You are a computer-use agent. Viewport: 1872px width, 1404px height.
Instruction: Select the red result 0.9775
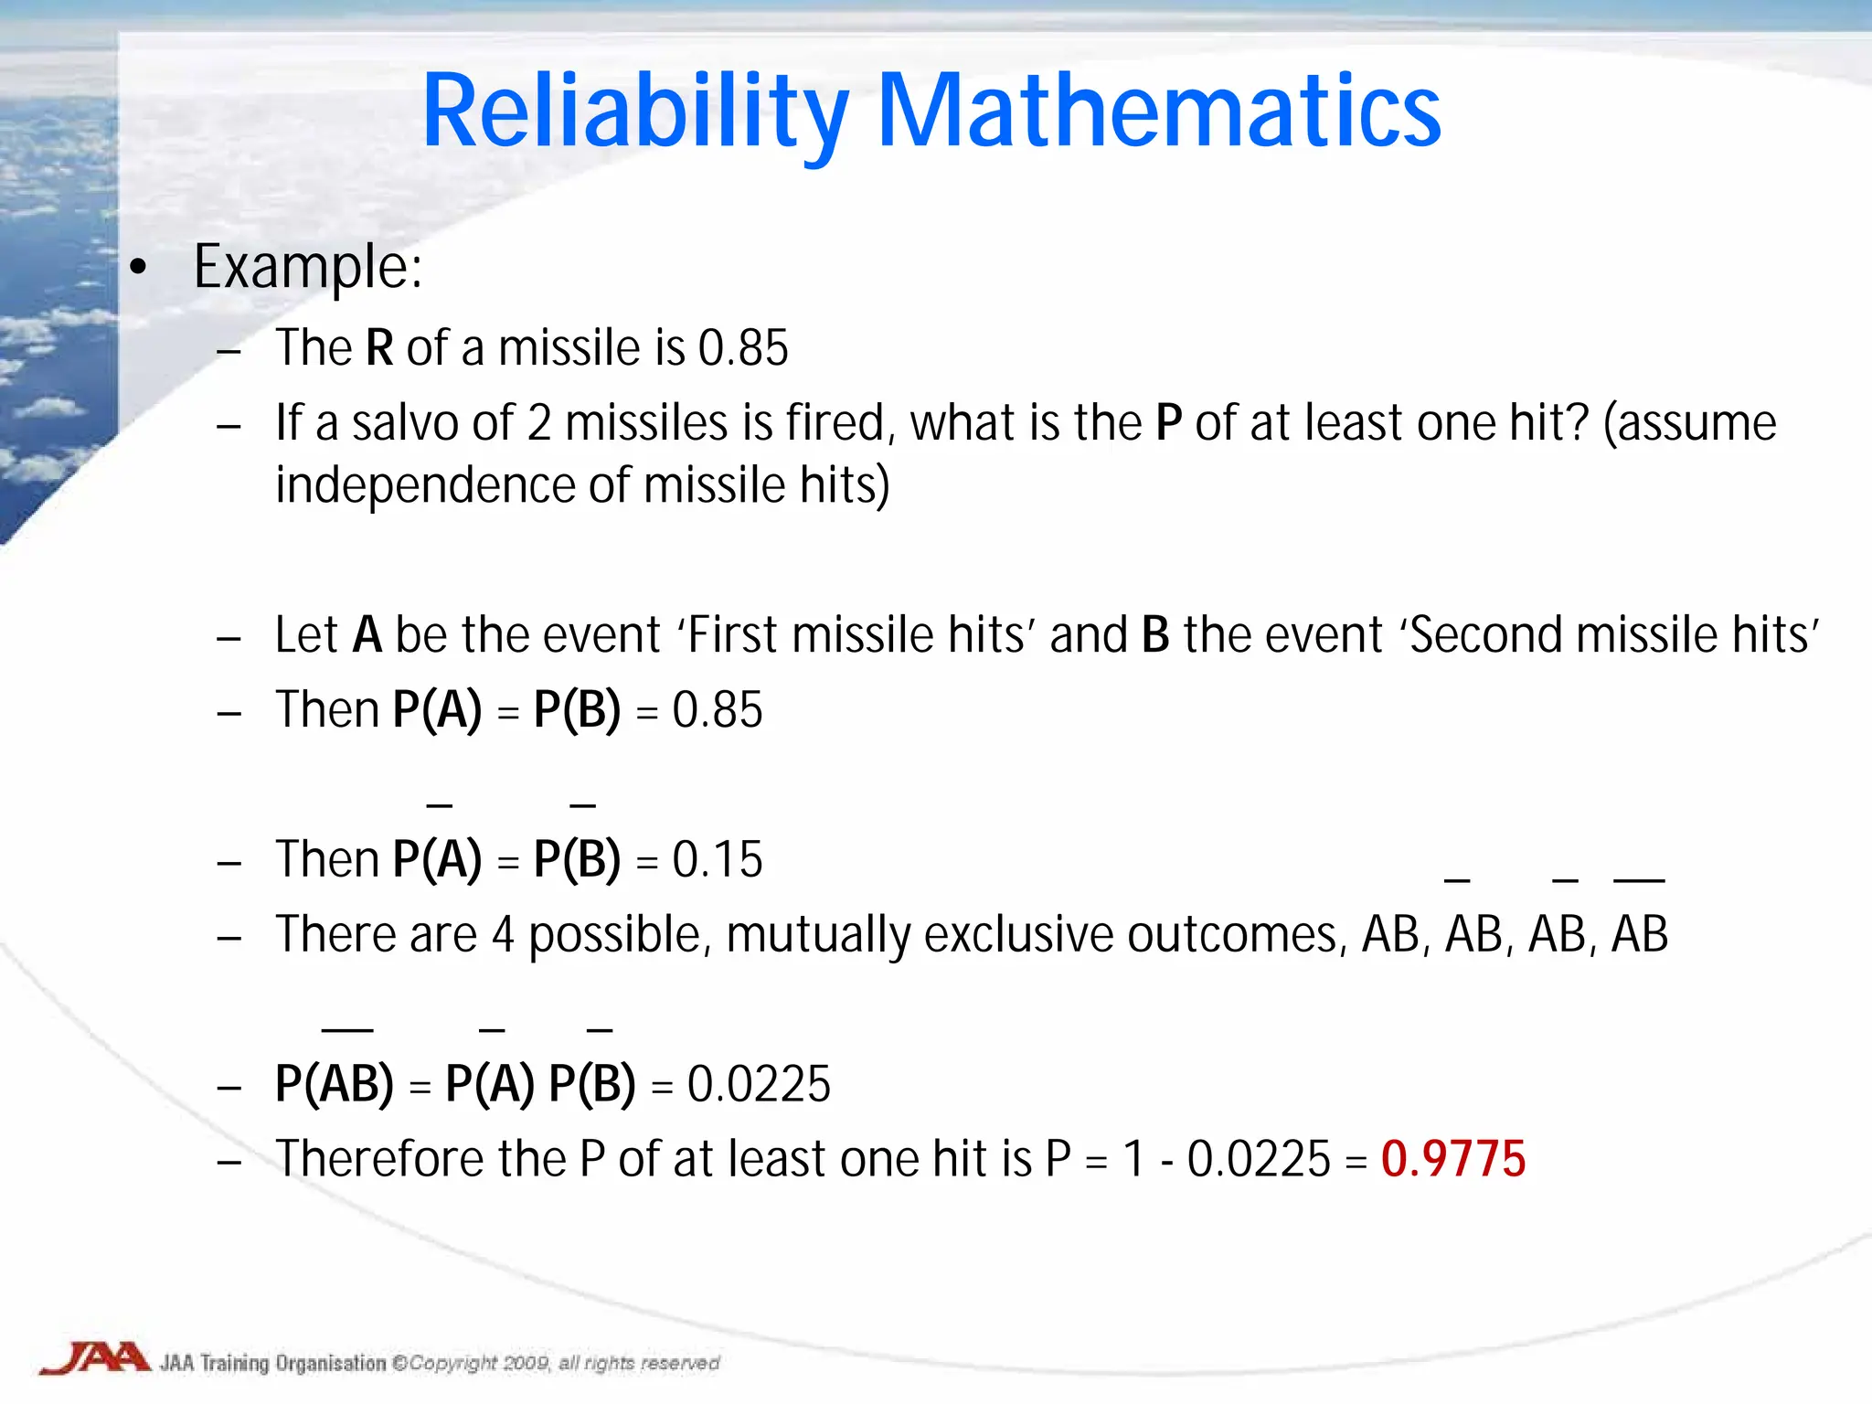click(x=1452, y=1159)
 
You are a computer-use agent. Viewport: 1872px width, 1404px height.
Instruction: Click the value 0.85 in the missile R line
click(x=742, y=348)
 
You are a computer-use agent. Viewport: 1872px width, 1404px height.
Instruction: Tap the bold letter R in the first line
click(x=379, y=348)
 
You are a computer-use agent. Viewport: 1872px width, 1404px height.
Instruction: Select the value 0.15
click(x=717, y=860)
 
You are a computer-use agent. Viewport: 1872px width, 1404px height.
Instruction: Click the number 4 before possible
click(x=503, y=935)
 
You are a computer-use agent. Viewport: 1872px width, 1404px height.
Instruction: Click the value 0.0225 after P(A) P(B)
click(x=758, y=1085)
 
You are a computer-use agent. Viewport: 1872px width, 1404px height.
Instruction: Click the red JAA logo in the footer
click(x=96, y=1357)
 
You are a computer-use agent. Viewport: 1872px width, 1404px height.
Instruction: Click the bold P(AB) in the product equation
click(x=334, y=1085)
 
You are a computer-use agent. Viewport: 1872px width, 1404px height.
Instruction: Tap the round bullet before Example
click(x=138, y=268)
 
